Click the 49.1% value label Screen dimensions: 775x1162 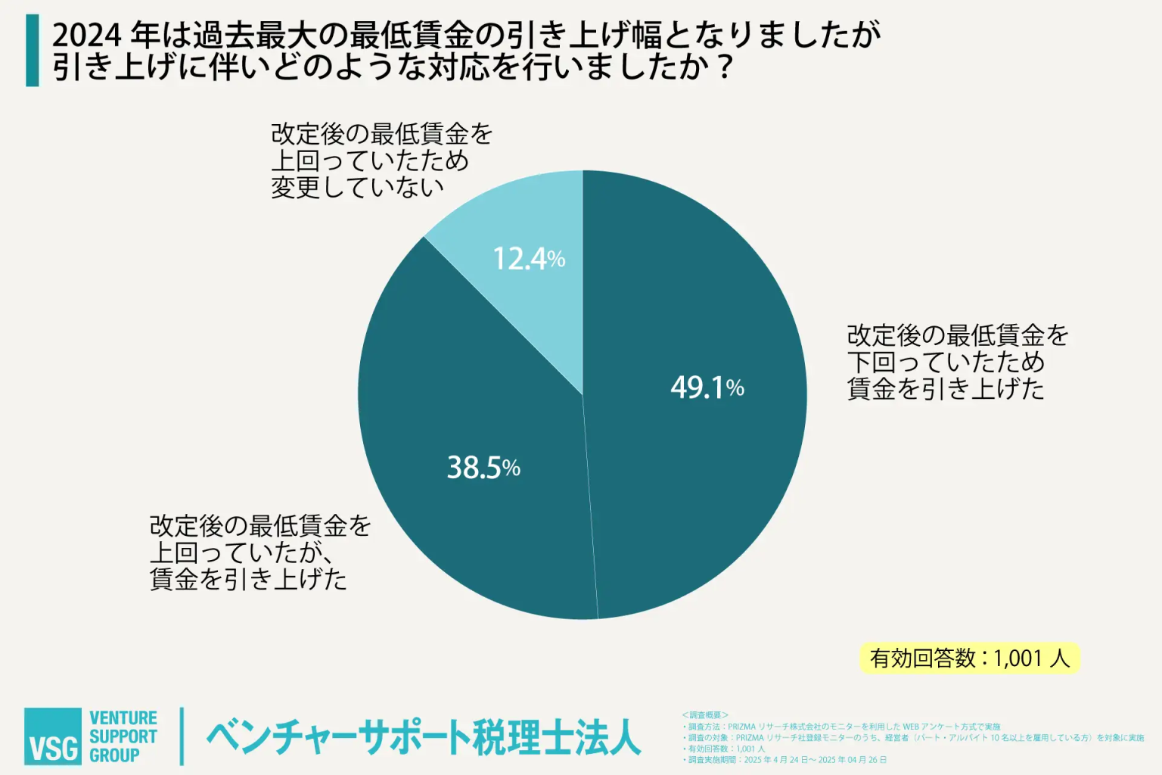point(707,387)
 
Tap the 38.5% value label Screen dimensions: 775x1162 point(483,468)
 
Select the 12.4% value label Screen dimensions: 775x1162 point(529,259)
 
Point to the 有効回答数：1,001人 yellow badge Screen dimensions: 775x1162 point(969,658)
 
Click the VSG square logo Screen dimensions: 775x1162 point(52,736)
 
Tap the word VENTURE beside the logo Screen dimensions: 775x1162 point(123,717)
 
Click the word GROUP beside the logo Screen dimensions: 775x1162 point(114,755)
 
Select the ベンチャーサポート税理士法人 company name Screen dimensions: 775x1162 point(424,737)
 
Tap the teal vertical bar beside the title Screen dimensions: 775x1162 point(32,50)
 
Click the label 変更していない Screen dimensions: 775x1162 point(357,187)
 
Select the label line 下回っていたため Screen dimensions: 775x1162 point(946,362)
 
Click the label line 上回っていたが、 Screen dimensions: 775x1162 point(242,552)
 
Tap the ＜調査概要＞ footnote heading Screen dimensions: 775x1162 point(704,714)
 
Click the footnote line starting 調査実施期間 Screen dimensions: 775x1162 point(787,759)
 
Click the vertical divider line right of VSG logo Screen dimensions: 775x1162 point(182,736)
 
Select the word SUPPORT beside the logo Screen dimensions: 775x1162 point(123,736)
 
